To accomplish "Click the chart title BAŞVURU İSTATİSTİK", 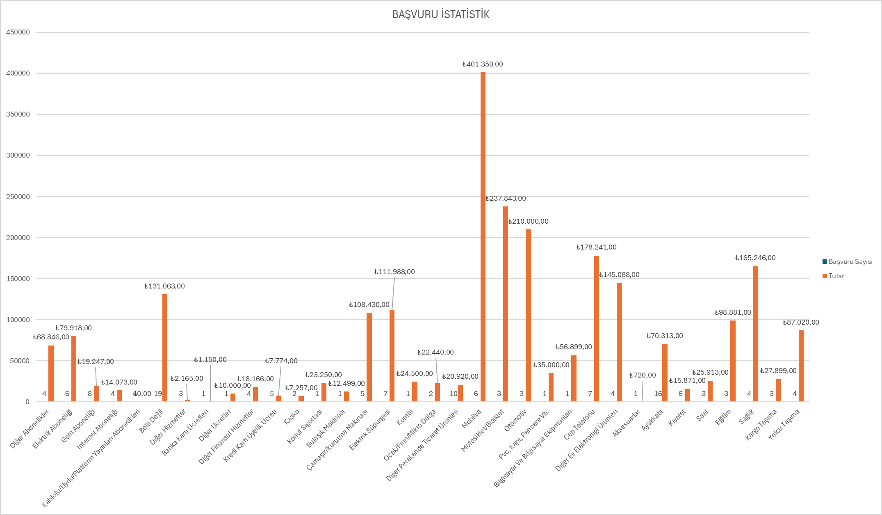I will click(441, 14).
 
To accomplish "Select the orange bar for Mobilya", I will click(483, 238).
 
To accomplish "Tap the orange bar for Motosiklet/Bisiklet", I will click(506, 304).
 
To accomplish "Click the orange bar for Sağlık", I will click(756, 334).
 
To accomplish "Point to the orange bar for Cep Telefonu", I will click(597, 328).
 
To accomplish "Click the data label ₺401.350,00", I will click(483, 64).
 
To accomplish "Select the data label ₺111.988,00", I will click(394, 272).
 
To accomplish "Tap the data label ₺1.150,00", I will click(210, 359).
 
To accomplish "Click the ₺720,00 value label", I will click(643, 375).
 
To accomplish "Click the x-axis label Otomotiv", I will click(515, 421).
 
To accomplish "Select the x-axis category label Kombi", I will click(405, 417).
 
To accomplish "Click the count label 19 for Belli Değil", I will click(158, 394).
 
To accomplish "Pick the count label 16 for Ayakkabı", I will click(658, 394).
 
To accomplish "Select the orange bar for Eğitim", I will click(733, 361).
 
